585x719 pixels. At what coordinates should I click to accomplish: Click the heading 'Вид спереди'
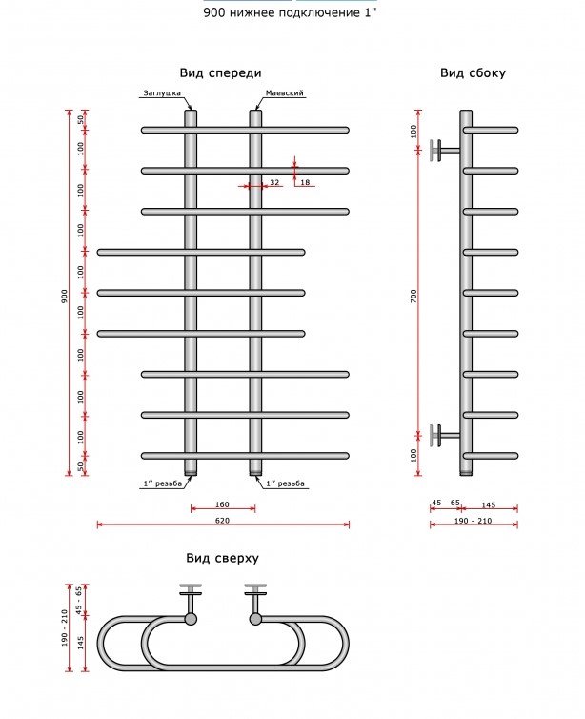tap(220, 72)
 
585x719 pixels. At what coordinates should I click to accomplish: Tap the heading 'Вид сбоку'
tap(473, 72)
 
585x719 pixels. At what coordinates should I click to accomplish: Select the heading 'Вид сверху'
tap(222, 558)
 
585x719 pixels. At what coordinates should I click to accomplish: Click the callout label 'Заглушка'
tap(162, 93)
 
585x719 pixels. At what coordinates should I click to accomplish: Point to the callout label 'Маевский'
tap(285, 93)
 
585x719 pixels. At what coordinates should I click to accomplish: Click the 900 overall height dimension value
tap(65, 296)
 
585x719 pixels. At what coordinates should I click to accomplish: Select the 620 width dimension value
tap(222, 521)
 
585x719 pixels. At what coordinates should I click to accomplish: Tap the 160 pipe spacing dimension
tap(222, 504)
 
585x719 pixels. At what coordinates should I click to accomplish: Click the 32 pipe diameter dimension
tap(274, 182)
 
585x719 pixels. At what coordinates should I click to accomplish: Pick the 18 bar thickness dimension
tap(305, 182)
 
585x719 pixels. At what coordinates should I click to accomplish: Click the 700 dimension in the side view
tap(414, 297)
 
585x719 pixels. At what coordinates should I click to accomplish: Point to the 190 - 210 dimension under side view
tap(474, 521)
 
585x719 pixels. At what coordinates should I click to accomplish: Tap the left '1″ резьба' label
tap(163, 483)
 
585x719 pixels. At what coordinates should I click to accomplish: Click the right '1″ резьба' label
tap(285, 483)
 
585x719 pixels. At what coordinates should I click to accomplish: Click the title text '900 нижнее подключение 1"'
tap(290, 12)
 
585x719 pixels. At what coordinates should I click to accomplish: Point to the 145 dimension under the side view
tap(489, 504)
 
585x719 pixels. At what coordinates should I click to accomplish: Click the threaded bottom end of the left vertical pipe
tap(191, 472)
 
